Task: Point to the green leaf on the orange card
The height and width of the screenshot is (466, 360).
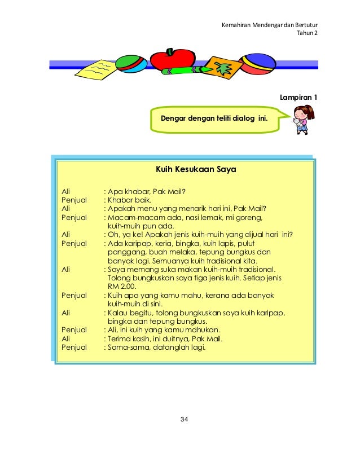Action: (224, 69)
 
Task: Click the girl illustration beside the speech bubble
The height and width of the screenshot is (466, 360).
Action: (304, 119)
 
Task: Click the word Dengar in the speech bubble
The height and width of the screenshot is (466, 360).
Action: (174, 118)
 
